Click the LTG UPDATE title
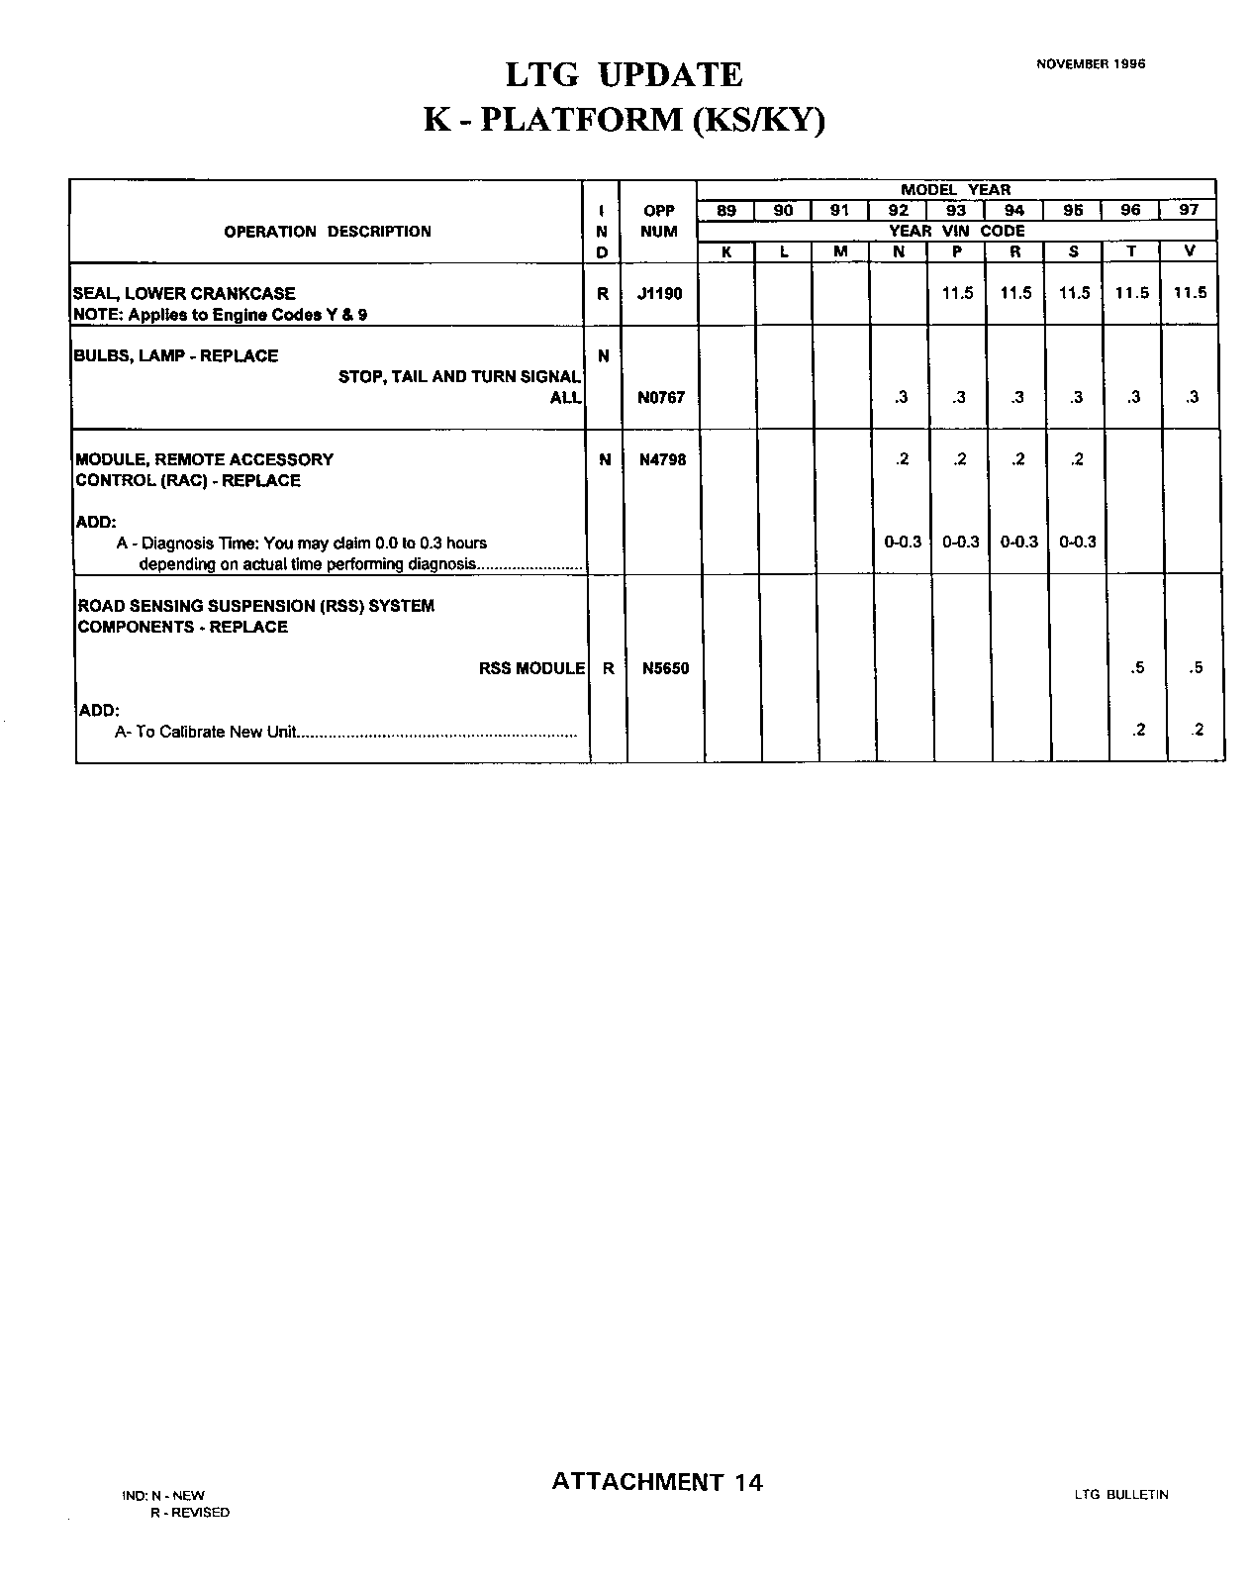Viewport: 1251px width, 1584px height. [624, 75]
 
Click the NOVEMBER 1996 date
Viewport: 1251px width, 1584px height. [1091, 63]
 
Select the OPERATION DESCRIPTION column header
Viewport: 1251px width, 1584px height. [328, 232]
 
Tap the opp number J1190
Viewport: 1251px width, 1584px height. [659, 294]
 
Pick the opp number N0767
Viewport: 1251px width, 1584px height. [661, 398]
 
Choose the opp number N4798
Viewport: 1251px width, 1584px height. [662, 459]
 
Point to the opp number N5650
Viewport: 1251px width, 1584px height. [665, 668]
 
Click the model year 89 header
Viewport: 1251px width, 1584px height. [725, 210]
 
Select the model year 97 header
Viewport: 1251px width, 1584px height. [1189, 210]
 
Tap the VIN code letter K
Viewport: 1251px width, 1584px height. [725, 251]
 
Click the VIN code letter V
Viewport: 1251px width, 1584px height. [1189, 251]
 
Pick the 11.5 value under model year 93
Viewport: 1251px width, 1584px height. [957, 293]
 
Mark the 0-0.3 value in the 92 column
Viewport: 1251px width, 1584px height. [903, 543]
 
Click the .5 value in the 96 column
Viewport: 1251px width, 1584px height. [1137, 668]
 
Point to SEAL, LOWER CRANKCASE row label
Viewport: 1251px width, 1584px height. [184, 294]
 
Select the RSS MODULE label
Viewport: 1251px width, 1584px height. [531, 668]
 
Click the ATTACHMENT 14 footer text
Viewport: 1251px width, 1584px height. [657, 1482]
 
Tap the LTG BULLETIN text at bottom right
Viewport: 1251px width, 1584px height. [1120, 1495]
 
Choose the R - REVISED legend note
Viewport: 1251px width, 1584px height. [189, 1513]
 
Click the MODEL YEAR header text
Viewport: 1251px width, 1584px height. [955, 190]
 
